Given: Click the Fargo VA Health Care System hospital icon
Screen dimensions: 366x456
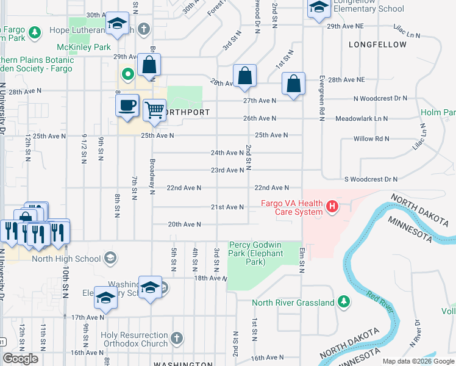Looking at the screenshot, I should [332, 207].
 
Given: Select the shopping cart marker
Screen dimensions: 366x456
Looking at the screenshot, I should [155, 111].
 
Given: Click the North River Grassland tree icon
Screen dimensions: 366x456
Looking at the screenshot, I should [344, 302].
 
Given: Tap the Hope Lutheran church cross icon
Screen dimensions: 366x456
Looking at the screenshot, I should [144, 29].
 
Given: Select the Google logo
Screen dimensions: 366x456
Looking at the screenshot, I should [21, 359].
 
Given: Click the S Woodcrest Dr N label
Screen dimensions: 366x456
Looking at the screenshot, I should [371, 179].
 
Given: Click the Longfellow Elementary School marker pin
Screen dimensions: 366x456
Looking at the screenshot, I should [318, 9].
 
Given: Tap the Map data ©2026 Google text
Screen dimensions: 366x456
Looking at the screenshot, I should [417, 361].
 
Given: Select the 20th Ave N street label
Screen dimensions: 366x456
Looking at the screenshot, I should [185, 224].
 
